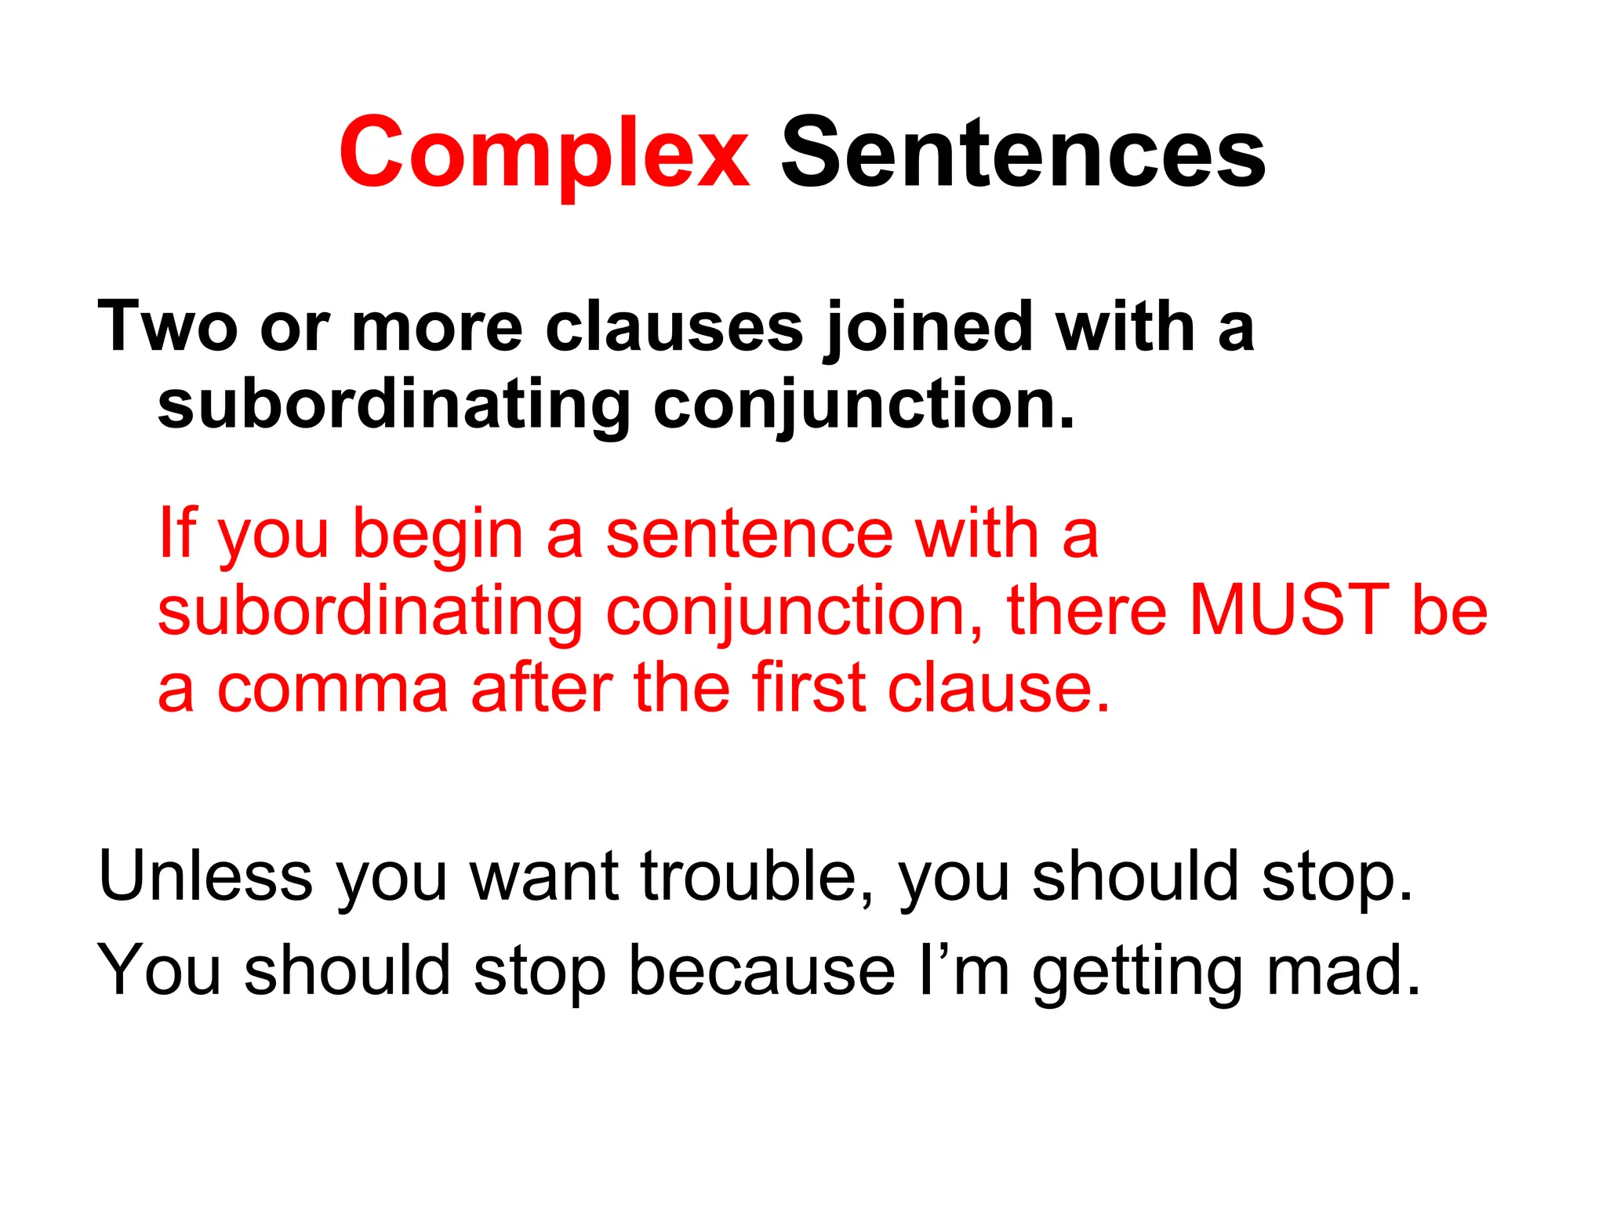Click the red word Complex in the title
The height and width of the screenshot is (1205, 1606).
point(543,153)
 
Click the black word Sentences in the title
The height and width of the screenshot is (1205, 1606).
point(1023,153)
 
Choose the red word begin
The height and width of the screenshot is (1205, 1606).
point(438,536)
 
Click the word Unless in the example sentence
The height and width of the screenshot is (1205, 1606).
point(205,876)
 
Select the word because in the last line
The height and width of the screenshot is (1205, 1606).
point(761,970)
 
